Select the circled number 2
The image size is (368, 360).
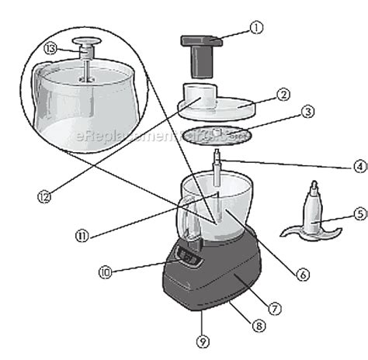(x=283, y=95)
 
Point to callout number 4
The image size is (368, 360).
(x=338, y=165)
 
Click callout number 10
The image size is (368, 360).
(x=106, y=272)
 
